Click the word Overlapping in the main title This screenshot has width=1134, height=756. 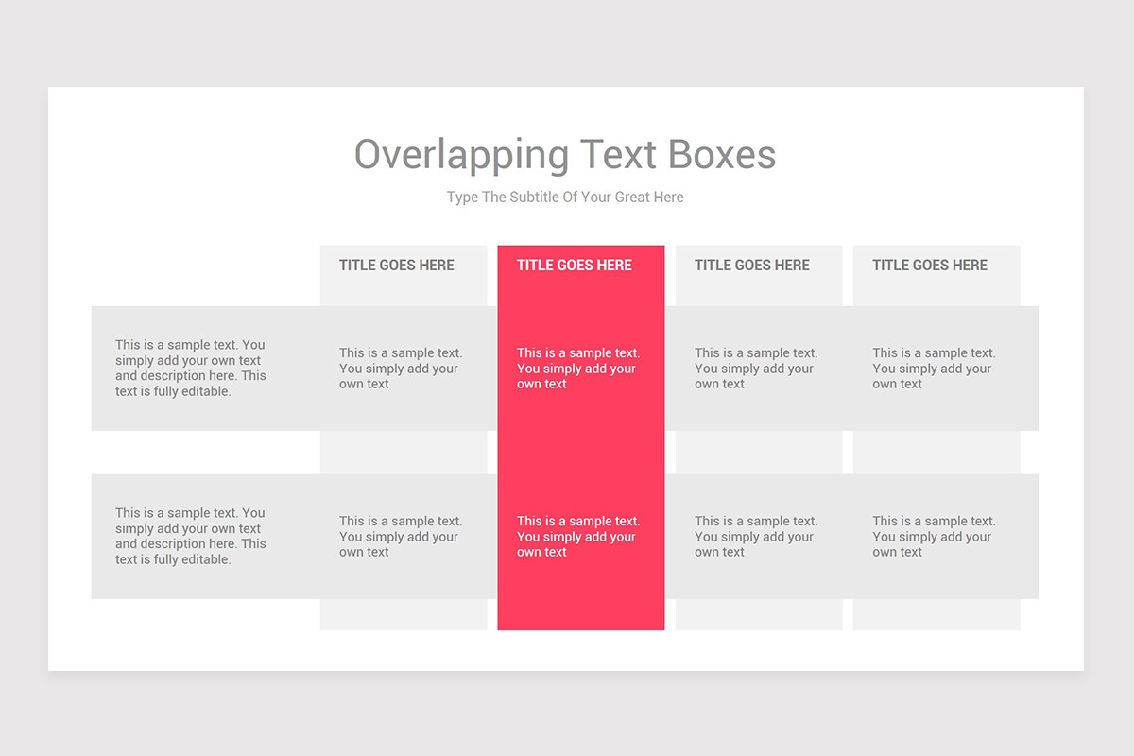461,155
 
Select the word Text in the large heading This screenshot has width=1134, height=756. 620,155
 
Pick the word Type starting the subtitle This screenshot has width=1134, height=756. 463,198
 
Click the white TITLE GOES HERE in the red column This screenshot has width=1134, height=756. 575,266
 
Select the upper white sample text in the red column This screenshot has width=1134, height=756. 577,369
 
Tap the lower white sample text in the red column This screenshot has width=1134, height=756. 577,537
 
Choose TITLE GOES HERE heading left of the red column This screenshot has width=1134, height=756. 397,266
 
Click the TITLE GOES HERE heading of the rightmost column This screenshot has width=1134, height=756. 930,266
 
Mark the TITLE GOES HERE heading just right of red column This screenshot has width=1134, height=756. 752,266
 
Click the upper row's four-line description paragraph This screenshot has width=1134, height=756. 190,369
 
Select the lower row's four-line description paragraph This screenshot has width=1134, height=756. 190,537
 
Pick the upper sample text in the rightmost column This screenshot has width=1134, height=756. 934,369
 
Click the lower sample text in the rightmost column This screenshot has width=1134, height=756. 934,537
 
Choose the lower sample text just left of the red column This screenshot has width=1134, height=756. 401,537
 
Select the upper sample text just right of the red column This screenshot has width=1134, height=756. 756,369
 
